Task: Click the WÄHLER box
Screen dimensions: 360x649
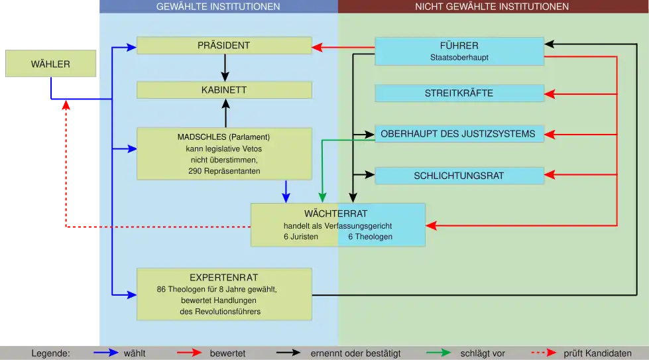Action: point(50,64)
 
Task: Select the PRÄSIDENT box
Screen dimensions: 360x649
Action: point(224,46)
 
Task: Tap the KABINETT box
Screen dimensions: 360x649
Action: point(224,90)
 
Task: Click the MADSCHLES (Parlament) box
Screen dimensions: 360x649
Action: point(224,154)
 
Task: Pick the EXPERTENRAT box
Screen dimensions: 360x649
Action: point(224,294)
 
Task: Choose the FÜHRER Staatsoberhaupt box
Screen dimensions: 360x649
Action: point(459,51)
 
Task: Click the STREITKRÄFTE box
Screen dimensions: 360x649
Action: point(459,93)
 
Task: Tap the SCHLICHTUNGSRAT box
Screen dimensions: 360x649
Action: point(459,176)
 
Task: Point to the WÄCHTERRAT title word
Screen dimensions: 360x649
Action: point(335,213)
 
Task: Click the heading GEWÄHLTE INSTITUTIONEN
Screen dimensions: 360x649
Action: point(218,7)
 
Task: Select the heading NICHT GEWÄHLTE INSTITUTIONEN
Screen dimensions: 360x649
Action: point(492,7)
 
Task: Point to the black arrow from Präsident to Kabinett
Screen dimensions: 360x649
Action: point(225,67)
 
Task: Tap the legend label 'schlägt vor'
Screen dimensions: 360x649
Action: point(483,353)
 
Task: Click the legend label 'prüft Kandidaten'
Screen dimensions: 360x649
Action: point(597,353)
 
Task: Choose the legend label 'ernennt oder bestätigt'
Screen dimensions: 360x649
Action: point(355,353)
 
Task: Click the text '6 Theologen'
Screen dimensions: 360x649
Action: point(370,237)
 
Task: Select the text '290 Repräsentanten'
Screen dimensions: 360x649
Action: point(224,172)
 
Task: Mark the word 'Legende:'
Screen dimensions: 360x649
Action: point(50,353)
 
